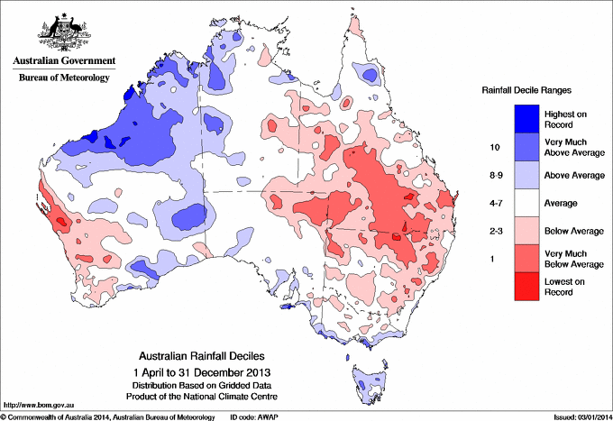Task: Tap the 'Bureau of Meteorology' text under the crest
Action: click(x=64, y=78)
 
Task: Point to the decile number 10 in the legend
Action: click(x=494, y=146)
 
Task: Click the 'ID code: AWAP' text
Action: click(x=250, y=416)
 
